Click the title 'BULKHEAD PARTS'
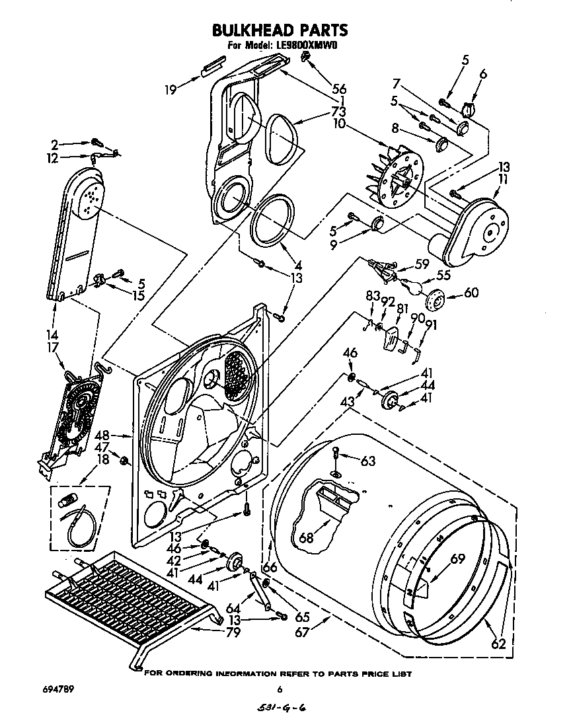[280, 30]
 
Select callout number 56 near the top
[340, 89]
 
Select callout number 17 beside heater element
[53, 348]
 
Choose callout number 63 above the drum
[367, 461]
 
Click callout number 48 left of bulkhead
[102, 436]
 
